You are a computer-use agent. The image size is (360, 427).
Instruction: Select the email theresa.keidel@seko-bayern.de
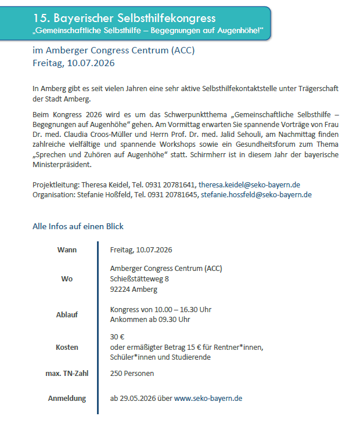pyautogui.click(x=249, y=184)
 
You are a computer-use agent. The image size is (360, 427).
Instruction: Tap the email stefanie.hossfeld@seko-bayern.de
pyautogui.click(x=256, y=195)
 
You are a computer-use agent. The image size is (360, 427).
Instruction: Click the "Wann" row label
pyautogui.click(x=67, y=250)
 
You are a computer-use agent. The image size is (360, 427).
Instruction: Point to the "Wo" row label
pyautogui.click(x=67, y=279)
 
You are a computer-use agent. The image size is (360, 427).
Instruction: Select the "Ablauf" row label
pyautogui.click(x=67, y=314)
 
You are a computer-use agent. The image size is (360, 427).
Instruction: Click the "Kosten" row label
pyautogui.click(x=67, y=347)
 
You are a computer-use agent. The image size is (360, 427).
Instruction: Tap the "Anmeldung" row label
pyautogui.click(x=67, y=399)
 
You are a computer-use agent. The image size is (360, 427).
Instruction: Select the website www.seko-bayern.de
pyautogui.click(x=208, y=399)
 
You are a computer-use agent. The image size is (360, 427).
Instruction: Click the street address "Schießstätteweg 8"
pyautogui.click(x=139, y=279)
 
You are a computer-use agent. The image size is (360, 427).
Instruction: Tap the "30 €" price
pyautogui.click(x=118, y=336)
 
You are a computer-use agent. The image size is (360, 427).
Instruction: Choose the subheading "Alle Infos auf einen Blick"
pyautogui.click(x=78, y=226)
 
